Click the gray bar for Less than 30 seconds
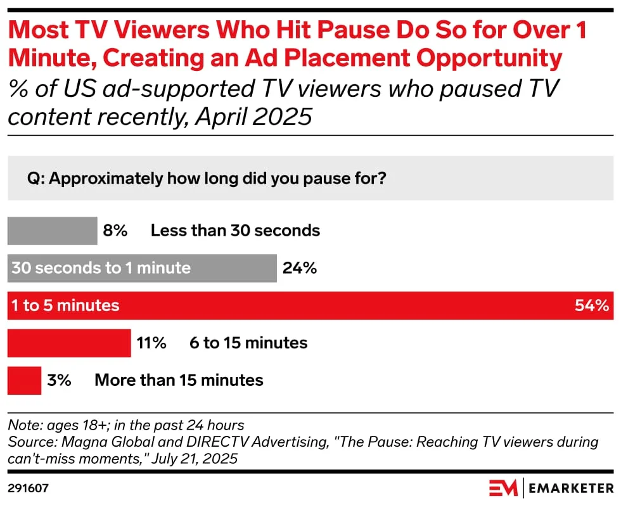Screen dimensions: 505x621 (51, 231)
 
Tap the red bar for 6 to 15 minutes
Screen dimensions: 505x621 (68, 343)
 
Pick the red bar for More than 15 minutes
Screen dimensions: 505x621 (24, 381)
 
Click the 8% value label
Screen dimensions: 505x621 (115, 231)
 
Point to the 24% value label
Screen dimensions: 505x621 (299, 268)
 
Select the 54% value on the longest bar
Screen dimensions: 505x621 (591, 305)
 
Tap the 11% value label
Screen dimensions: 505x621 (151, 343)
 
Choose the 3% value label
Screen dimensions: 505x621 (59, 381)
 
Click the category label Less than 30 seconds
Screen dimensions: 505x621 (235, 231)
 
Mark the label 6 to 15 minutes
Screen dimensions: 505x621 (248, 343)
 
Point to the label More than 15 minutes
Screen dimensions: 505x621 (179, 381)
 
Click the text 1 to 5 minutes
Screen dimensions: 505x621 (65, 305)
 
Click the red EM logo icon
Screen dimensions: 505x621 (503, 488)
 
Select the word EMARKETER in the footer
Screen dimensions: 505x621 (571, 488)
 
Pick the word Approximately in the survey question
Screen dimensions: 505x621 (103, 179)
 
